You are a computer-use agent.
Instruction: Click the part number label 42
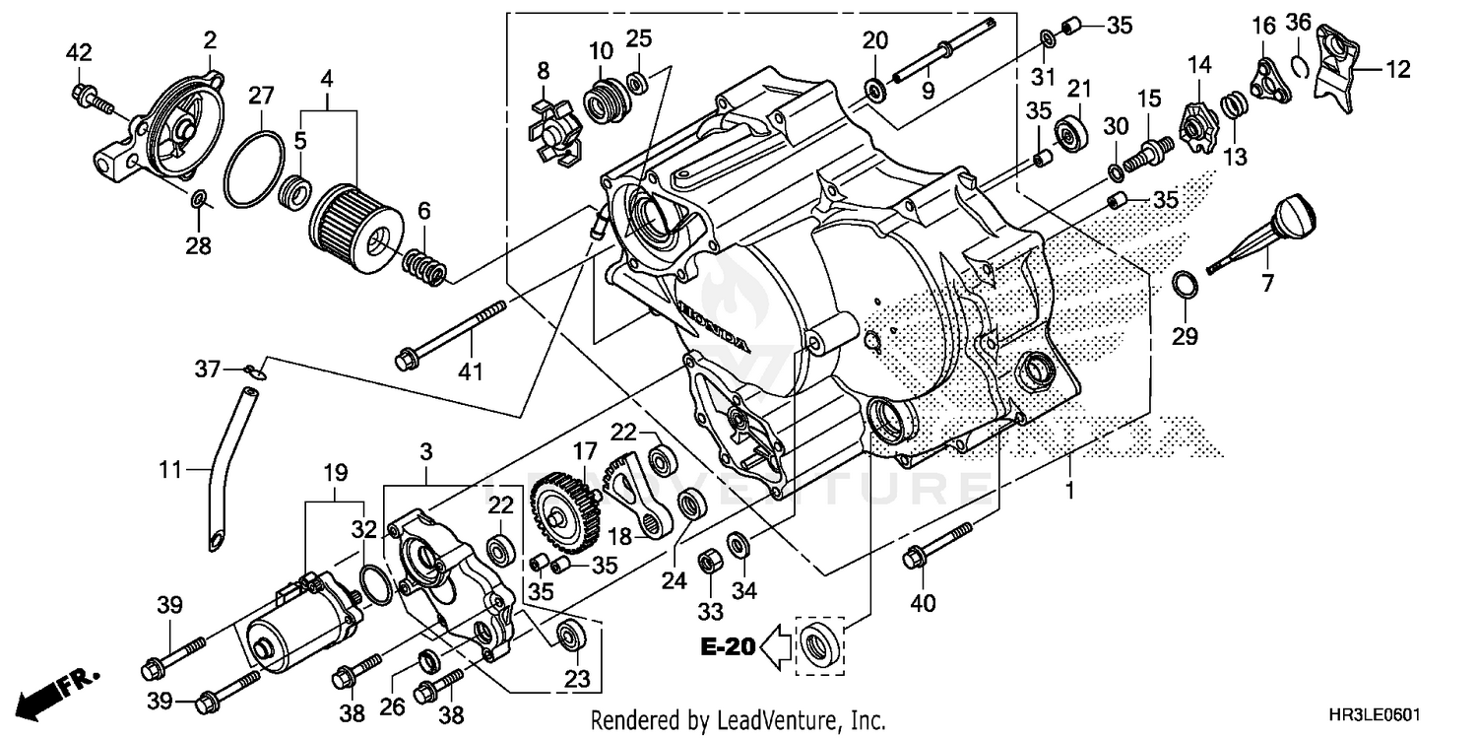(x=79, y=52)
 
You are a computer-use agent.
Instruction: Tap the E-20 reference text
(x=730, y=647)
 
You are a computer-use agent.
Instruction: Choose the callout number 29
(x=1185, y=337)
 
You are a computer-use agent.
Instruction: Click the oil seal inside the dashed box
(x=819, y=644)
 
